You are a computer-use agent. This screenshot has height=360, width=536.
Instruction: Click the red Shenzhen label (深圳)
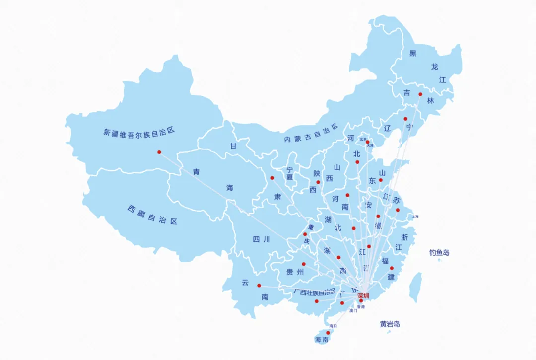(x=363, y=296)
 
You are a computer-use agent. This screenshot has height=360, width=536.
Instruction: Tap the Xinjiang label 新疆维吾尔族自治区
(x=139, y=132)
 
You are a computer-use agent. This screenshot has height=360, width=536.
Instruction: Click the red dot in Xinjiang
(x=159, y=152)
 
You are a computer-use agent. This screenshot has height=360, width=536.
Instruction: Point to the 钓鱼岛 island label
(x=439, y=253)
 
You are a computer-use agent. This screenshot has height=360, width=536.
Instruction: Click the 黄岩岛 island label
(x=390, y=324)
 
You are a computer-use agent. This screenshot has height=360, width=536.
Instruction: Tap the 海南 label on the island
(x=322, y=340)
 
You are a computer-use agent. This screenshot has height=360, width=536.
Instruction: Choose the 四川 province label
(x=261, y=239)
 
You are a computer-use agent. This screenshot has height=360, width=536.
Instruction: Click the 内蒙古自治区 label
(x=311, y=135)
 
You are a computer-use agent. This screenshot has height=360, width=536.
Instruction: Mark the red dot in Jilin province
(x=420, y=94)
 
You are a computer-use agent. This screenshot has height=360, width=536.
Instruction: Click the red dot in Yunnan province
(x=259, y=285)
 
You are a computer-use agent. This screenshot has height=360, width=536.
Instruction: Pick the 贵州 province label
(x=295, y=272)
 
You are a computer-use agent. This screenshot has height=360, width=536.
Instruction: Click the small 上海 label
(x=415, y=216)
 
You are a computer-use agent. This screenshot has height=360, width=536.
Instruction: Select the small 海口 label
(x=333, y=326)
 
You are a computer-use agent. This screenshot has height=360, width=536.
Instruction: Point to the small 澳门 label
(x=353, y=311)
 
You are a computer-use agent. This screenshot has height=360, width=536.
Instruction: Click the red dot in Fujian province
(x=392, y=268)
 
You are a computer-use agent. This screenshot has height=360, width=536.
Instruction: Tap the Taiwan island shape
(x=415, y=287)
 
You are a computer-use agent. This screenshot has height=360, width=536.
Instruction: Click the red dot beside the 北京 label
(x=368, y=142)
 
